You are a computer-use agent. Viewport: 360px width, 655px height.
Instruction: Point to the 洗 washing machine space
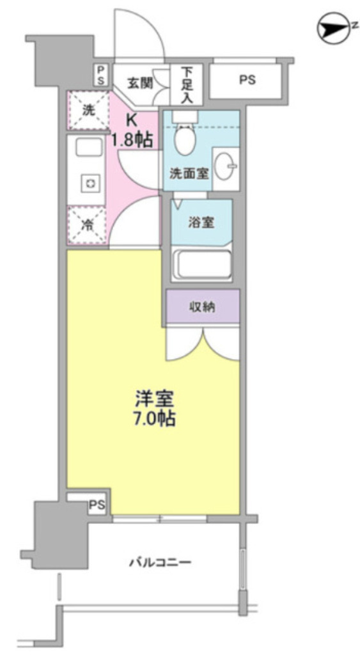[x=88, y=109]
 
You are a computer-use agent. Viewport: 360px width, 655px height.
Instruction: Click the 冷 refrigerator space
[x=88, y=225]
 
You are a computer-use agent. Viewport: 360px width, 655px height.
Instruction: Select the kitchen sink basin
[x=88, y=148]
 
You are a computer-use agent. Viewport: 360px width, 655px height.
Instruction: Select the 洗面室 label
[x=187, y=173]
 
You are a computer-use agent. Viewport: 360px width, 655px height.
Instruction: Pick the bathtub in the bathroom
[x=202, y=264]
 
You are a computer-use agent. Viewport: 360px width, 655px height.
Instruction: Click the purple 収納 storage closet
[x=203, y=307]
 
